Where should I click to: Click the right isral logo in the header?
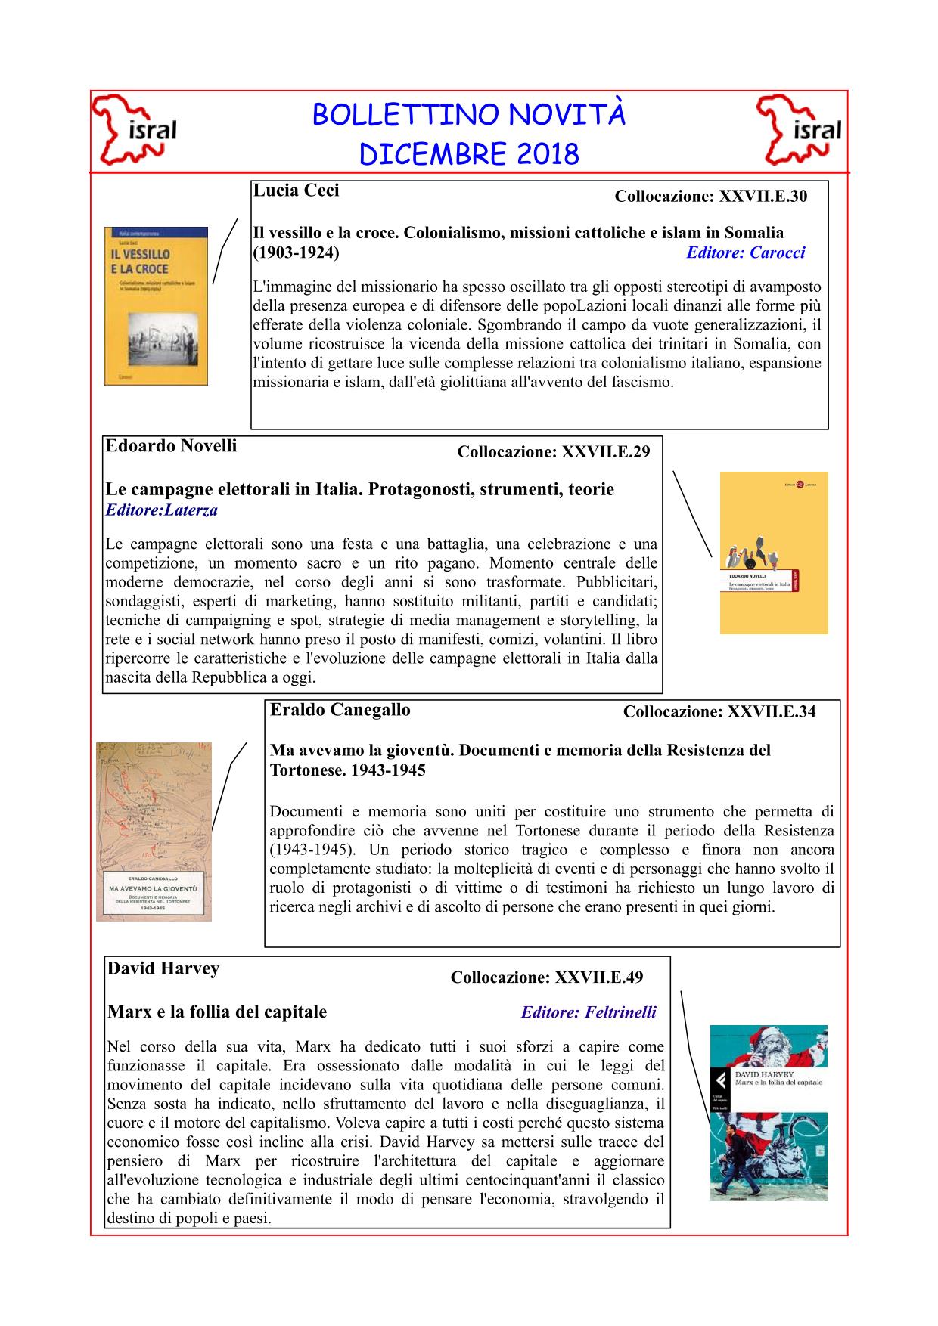coord(800,130)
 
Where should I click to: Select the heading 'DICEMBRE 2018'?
coord(469,154)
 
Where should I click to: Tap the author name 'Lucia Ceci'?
coord(296,191)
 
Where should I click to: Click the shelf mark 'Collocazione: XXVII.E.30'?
coord(710,197)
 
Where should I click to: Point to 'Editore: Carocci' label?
coord(745,252)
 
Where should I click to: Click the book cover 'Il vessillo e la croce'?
coord(156,306)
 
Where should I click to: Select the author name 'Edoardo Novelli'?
coord(171,446)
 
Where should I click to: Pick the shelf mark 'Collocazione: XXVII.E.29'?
coord(553,452)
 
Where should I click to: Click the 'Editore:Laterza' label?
coord(161,510)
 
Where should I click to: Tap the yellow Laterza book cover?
coord(773,553)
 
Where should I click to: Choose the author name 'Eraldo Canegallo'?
coord(340,710)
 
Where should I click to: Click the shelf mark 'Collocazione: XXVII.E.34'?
coord(719,711)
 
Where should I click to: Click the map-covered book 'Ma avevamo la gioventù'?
coord(154,832)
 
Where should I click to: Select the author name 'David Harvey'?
coord(163,968)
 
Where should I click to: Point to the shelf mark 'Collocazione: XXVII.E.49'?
coord(546,977)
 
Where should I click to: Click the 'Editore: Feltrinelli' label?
coord(589,1012)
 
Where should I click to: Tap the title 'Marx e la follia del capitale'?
coord(217,1012)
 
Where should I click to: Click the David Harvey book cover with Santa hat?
coord(768,1112)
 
